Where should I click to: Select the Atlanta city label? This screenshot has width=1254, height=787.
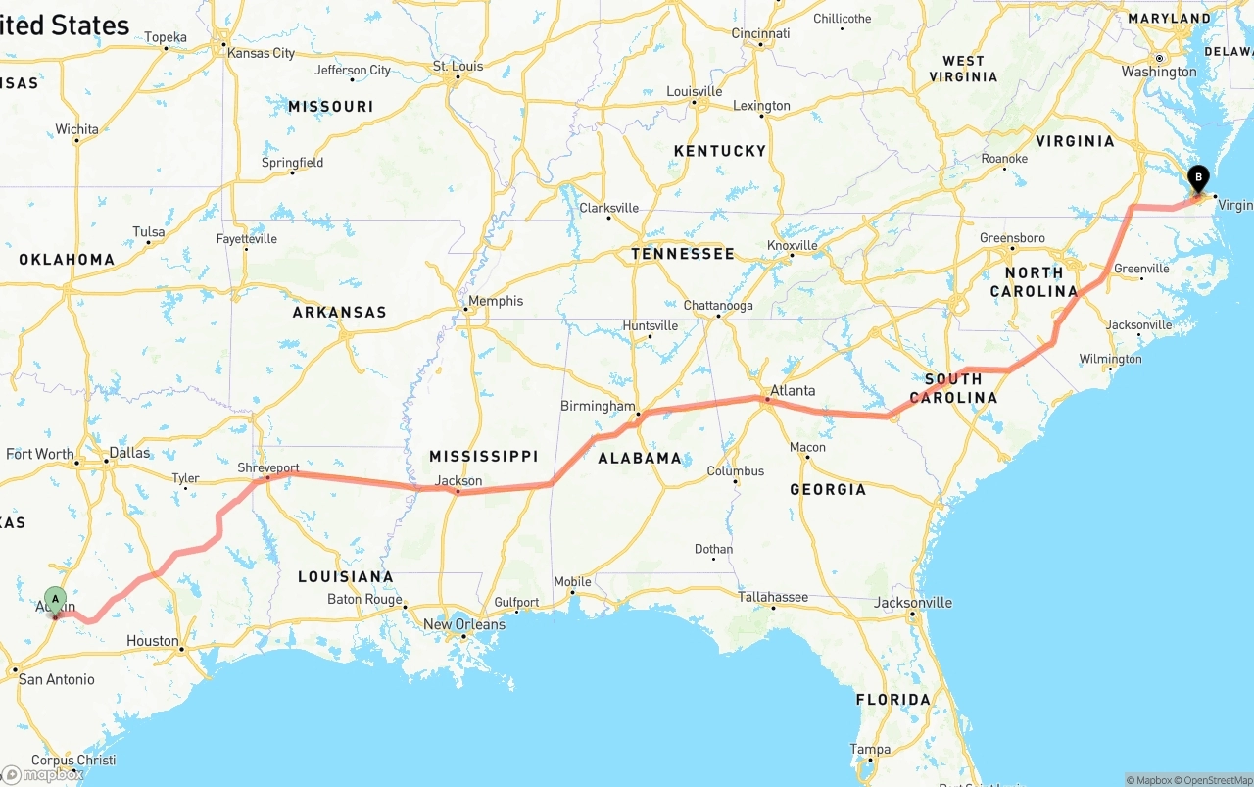793,390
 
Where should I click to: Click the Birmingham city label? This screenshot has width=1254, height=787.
598,406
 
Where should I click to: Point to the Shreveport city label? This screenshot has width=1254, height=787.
268,468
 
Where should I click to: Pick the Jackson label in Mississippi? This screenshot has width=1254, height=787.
458,480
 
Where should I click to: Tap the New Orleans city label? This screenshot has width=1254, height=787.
464,624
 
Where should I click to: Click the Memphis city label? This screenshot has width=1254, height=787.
496,301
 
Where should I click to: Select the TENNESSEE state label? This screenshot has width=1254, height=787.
683,254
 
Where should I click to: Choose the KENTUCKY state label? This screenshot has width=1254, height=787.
719,151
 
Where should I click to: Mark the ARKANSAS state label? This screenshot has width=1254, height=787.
339,313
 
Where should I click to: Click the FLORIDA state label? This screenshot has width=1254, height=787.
892,700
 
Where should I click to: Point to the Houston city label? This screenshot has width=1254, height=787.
153,641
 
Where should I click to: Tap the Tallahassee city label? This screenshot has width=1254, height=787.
773,597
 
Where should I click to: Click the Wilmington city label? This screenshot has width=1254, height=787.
1110,359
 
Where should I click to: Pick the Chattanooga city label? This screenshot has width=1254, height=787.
718,306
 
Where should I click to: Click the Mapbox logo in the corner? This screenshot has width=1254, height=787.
41,774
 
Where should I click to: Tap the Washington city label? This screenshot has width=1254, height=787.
1159,72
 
